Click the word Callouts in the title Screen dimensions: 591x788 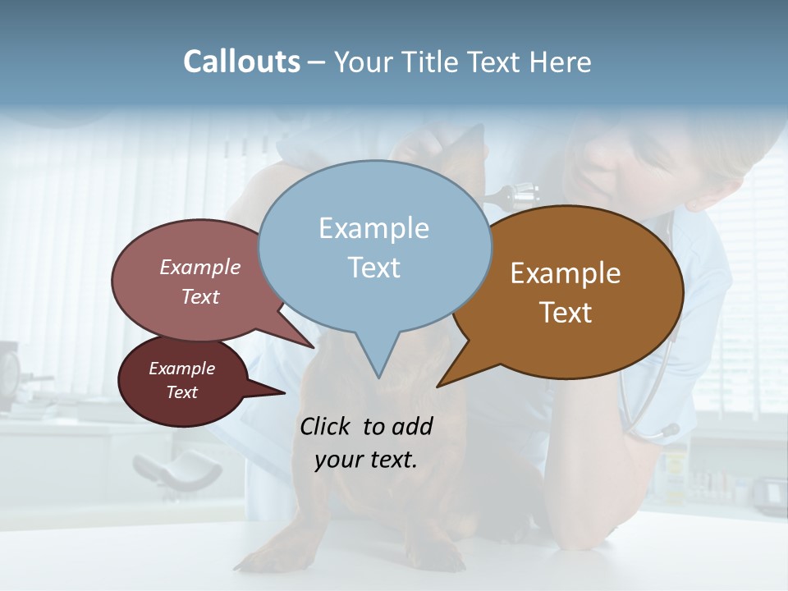tap(241, 62)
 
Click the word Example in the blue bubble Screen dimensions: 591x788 tap(373, 228)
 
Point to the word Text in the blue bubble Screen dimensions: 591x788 tap(373, 267)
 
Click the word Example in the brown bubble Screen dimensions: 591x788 tap(566, 273)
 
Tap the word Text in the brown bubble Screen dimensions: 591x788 tap(566, 312)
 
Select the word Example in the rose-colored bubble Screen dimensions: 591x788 tap(200, 267)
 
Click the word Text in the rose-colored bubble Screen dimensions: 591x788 tap(200, 296)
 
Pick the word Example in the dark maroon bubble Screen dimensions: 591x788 tap(181, 369)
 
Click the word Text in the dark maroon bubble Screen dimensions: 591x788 tap(181, 392)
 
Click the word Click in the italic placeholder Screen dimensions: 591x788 tap(328, 426)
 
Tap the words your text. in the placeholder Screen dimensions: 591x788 tap(366, 460)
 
